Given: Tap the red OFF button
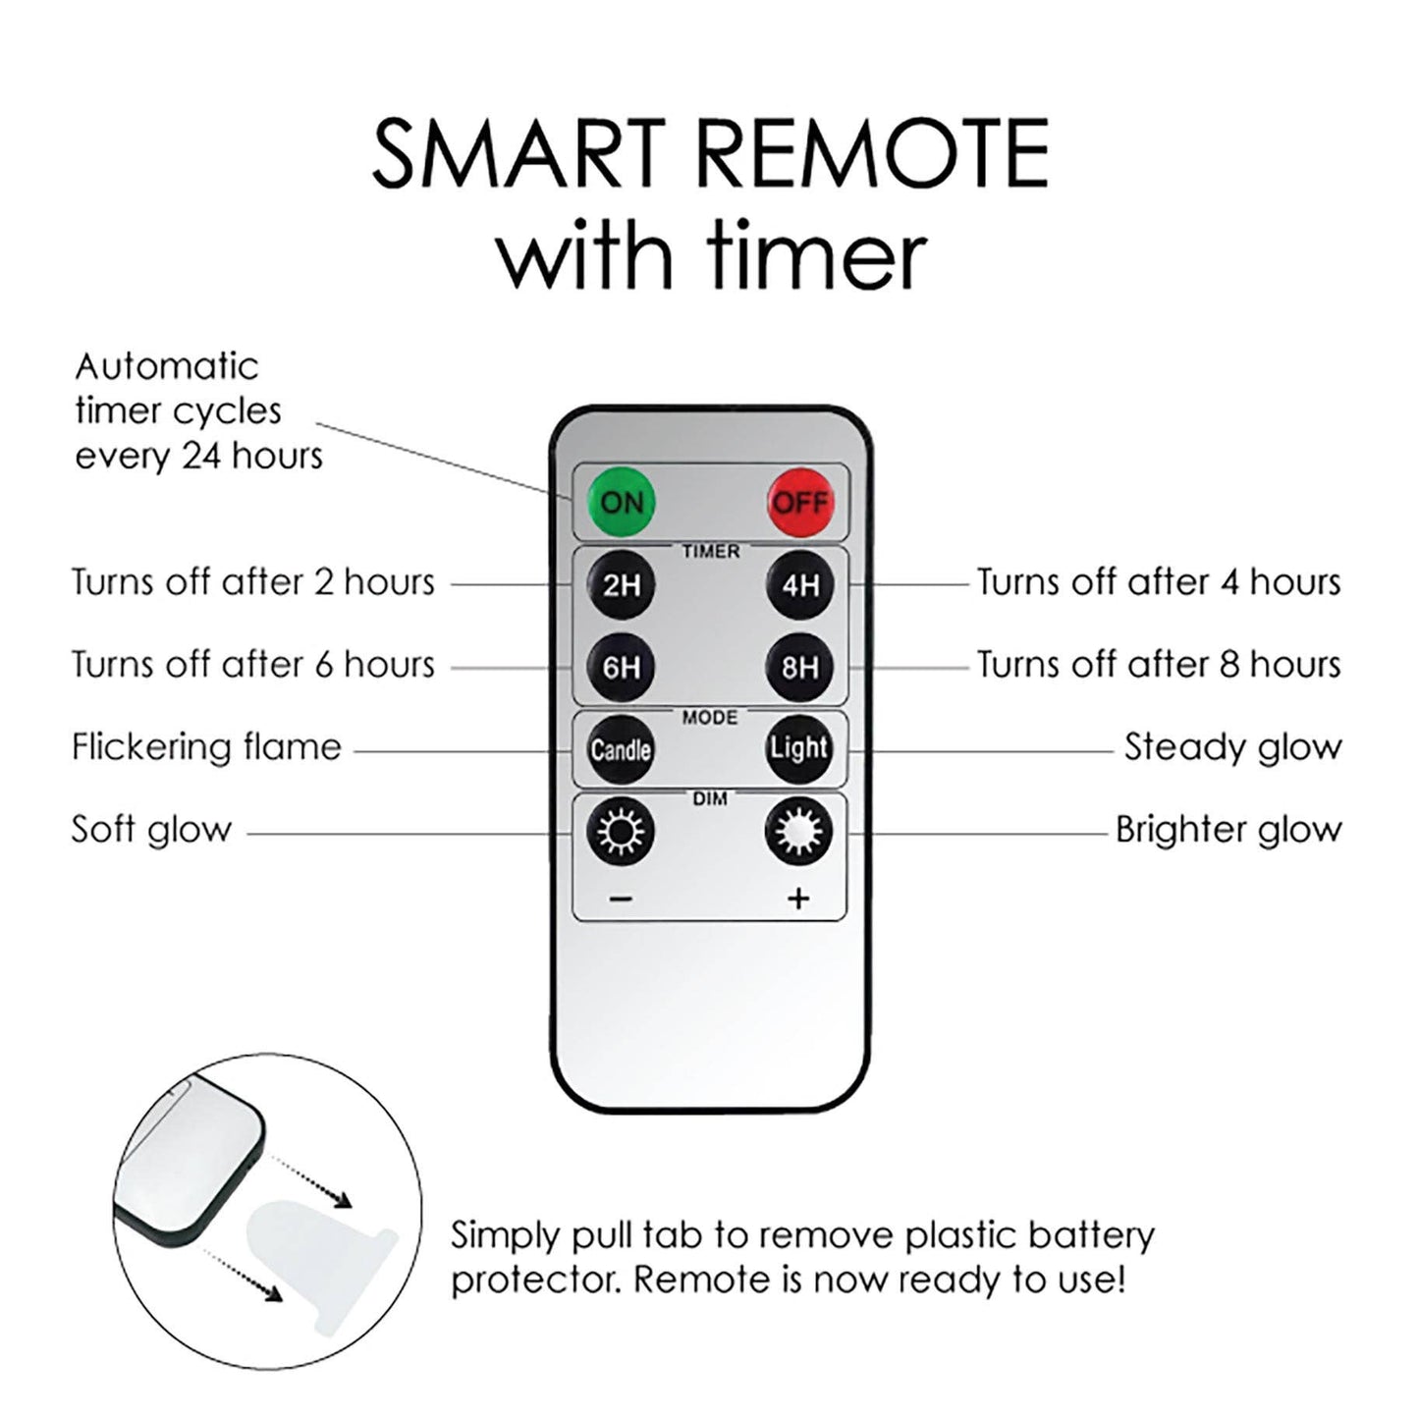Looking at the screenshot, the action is pos(801,502).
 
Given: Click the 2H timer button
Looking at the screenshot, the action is pos(621,585).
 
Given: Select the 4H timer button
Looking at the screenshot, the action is pos(800,585).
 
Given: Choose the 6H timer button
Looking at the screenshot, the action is pos(621,667).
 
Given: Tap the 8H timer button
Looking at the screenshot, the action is pos(800,667).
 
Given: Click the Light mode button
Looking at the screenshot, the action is pos(799,749).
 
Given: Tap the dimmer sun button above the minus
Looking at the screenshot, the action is pos(620,832).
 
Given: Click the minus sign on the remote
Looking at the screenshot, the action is pos(622,900).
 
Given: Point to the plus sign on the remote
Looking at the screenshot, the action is pos(799,900).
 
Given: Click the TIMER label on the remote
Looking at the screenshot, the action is pos(711,552).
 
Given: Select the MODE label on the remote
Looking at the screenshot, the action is pos(710,717).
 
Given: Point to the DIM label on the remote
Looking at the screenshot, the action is pos(710,799).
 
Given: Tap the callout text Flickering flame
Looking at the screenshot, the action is pos(207,746).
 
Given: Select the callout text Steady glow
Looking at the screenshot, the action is pos(1232,747).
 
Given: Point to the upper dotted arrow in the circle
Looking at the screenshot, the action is pos(310,1182).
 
